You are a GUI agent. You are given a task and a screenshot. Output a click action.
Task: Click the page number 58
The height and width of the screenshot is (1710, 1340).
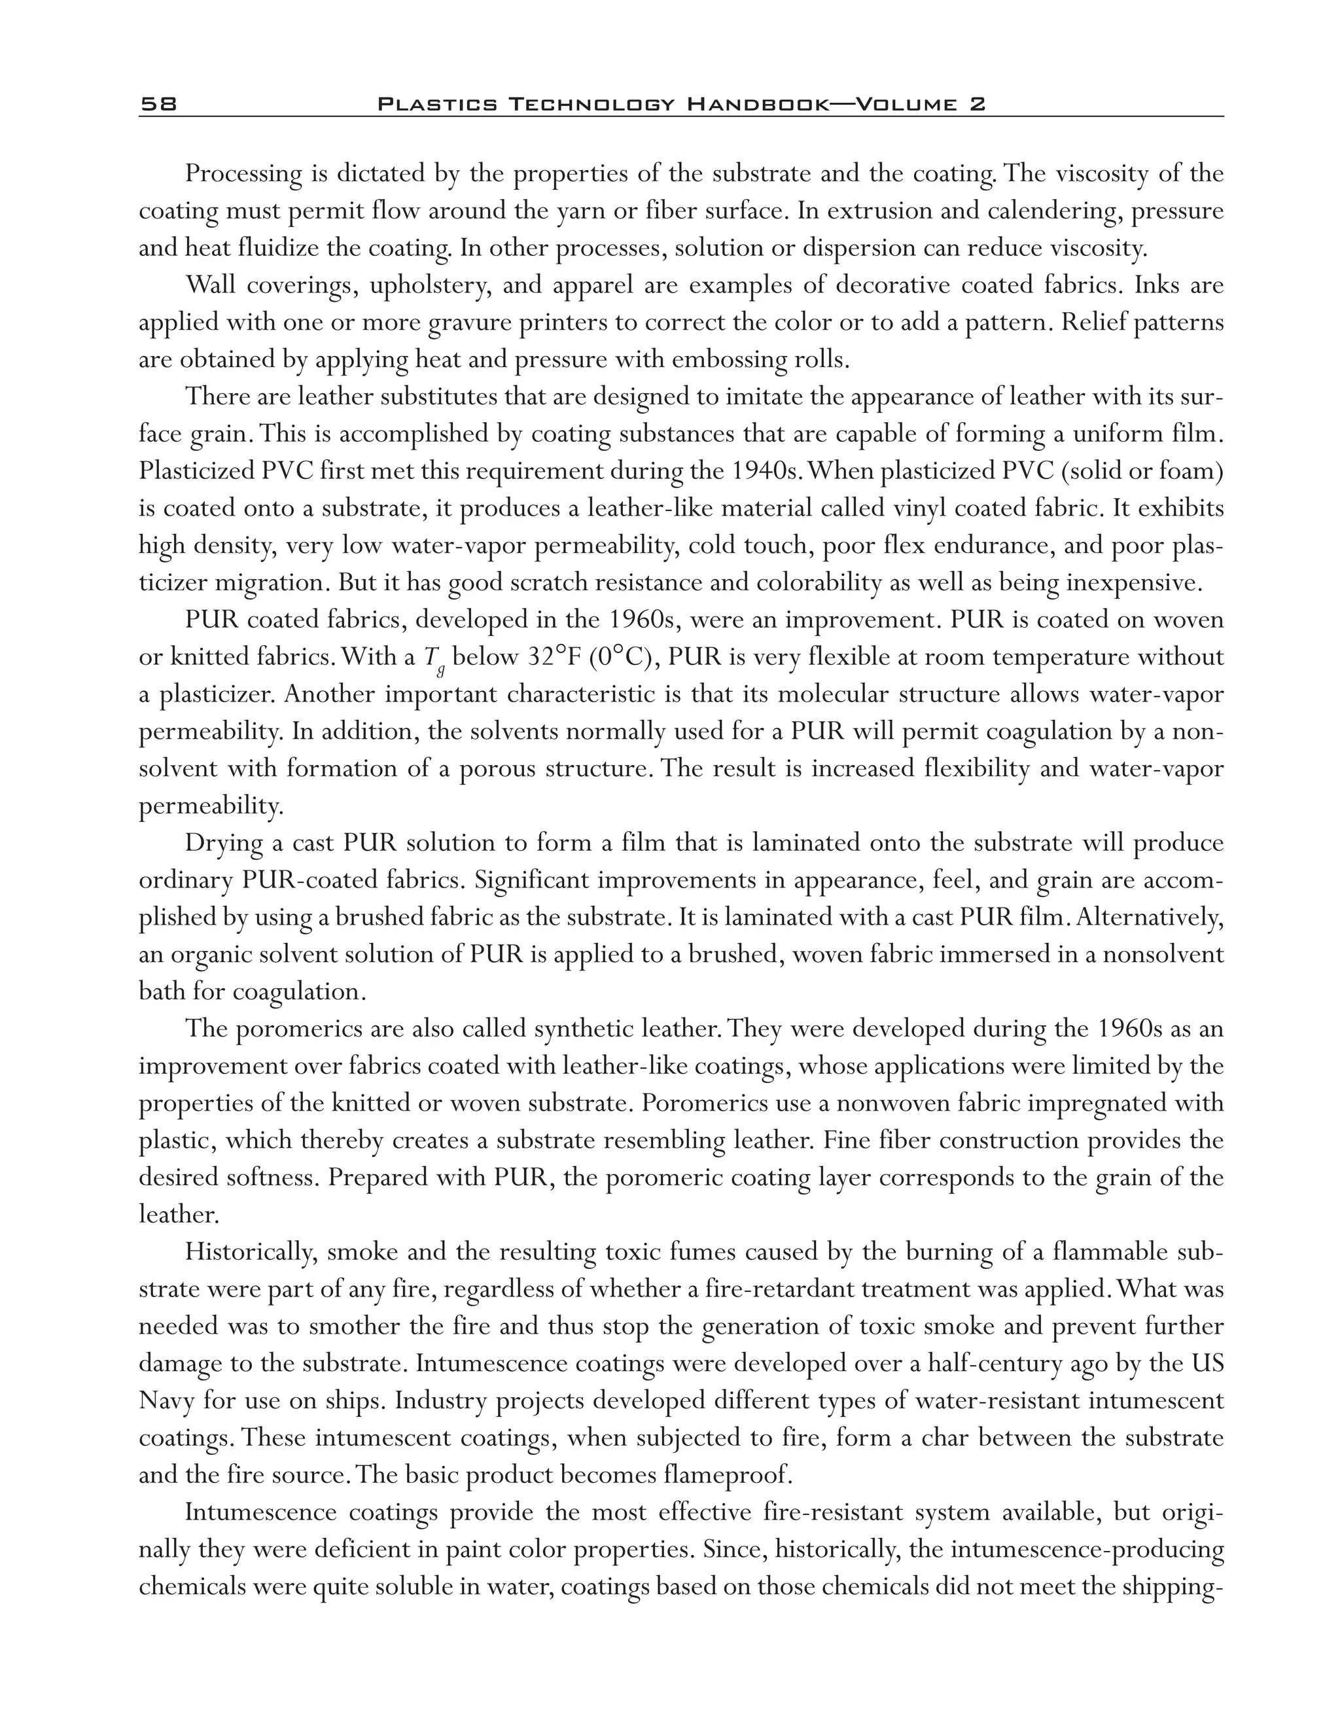[x=158, y=103]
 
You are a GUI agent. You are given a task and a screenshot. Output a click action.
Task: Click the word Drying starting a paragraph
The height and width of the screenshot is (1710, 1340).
[x=224, y=843]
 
